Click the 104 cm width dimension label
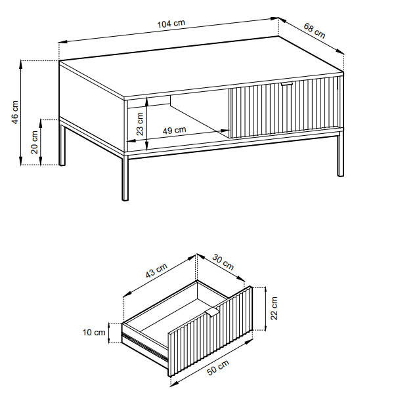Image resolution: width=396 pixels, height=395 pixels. [171, 24]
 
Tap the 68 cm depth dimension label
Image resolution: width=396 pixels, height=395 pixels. [314, 31]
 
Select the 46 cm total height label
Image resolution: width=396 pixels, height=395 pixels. [15, 112]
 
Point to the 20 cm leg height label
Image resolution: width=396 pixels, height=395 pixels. [34, 142]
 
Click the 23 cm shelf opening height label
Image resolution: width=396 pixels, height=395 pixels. [139, 124]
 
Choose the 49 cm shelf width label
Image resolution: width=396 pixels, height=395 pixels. [174, 131]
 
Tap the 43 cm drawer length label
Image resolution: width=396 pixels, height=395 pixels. [156, 270]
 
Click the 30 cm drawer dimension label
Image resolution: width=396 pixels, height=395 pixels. [223, 262]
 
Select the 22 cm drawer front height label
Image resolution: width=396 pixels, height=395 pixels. [274, 308]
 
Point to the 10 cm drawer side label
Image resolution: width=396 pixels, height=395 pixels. [94, 333]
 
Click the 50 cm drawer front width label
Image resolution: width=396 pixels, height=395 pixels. [218, 367]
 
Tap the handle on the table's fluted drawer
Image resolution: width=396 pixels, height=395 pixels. [287, 84]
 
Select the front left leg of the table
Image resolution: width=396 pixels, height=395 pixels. [125, 178]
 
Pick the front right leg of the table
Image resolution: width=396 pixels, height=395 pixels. [340, 156]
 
